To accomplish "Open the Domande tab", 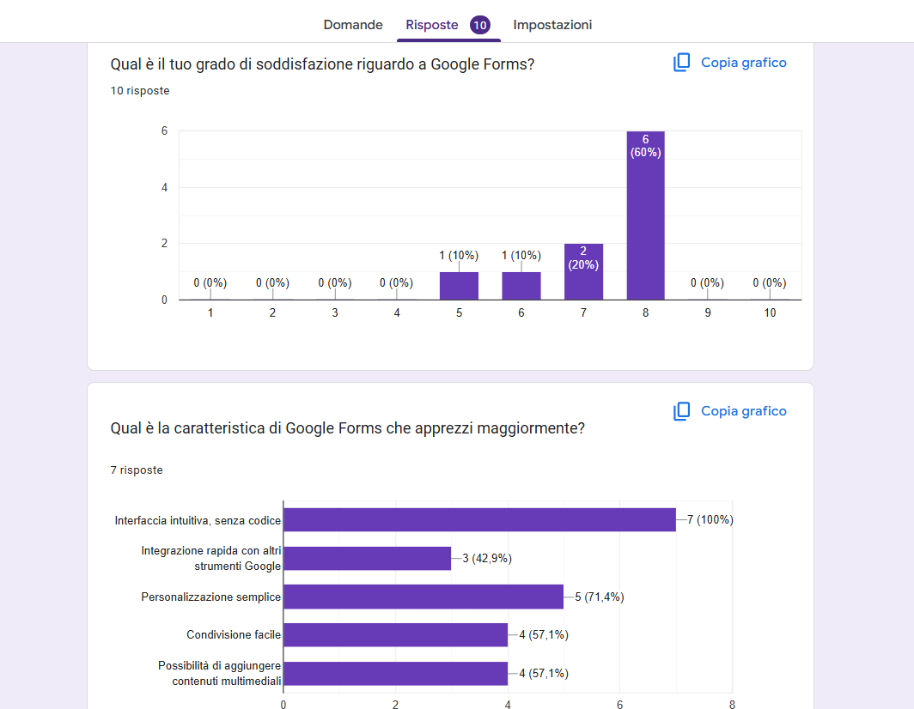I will point(353,25).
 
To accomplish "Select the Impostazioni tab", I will point(552,25).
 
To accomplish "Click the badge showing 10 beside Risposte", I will point(480,25).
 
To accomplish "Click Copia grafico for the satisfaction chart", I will point(729,63).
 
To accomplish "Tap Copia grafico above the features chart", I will point(729,411).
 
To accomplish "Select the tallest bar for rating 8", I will point(645,223).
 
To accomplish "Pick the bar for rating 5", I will point(459,286).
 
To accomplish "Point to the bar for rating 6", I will point(521,286).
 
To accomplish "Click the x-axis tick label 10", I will point(770,313).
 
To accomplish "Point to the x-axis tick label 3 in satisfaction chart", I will point(335,313).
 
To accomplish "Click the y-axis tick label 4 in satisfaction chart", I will point(164,187).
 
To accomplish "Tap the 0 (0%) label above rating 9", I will point(707,282).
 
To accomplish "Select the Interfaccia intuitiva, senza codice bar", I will point(479,520).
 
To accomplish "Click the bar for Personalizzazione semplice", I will point(423,597).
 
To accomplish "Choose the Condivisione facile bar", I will point(395,635).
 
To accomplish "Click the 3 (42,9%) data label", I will point(487,559).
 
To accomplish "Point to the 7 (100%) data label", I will point(710,520).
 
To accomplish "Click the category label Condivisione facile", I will point(234,635).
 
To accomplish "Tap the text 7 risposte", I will point(137,470).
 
